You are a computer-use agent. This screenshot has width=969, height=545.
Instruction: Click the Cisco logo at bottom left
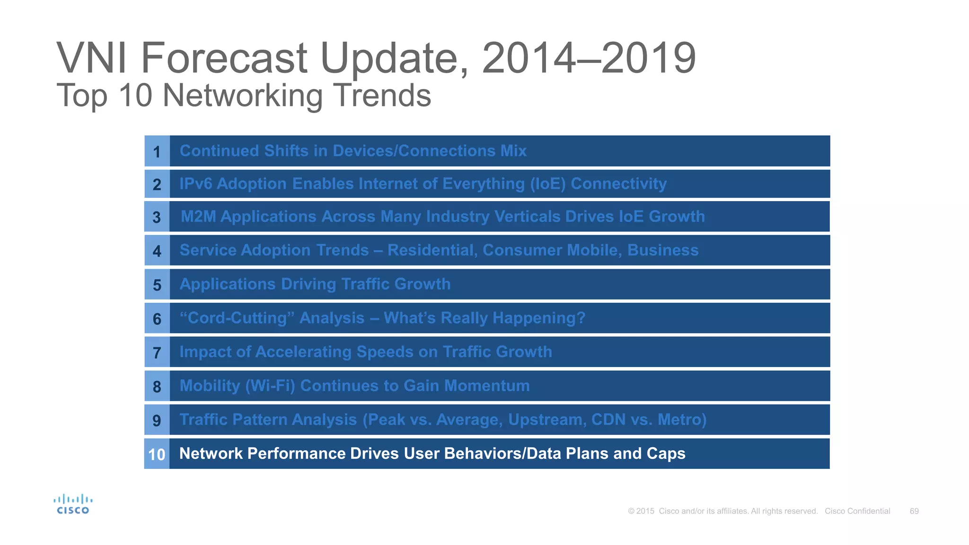click(73, 504)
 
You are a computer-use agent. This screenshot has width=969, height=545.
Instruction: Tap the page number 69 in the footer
click(914, 511)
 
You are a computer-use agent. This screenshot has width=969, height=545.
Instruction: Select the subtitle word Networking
click(242, 96)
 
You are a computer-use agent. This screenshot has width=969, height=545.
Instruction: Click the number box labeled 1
click(157, 151)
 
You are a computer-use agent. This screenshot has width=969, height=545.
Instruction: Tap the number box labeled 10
click(157, 454)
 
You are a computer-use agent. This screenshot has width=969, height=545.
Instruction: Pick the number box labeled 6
click(157, 319)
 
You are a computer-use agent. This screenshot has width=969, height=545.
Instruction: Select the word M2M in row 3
click(198, 217)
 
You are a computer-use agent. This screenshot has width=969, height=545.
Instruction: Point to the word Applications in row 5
click(228, 284)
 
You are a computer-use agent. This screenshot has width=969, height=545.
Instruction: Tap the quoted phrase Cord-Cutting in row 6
click(237, 318)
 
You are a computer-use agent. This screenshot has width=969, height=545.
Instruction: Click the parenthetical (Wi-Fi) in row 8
click(270, 386)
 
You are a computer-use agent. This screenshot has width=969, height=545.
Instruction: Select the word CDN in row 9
click(608, 420)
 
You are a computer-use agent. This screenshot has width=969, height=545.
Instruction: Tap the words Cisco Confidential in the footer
click(857, 511)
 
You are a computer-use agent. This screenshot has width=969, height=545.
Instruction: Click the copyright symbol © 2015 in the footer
click(641, 511)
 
